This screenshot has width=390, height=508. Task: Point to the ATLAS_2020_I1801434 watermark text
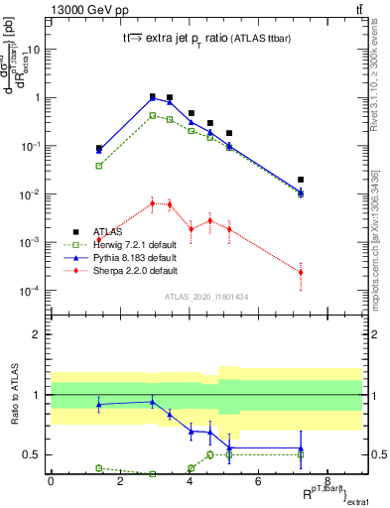pyautogui.click(x=205, y=297)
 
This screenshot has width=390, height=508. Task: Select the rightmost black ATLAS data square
pyautogui.click(x=300, y=180)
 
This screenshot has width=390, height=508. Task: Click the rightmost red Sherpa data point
pyautogui.click(x=300, y=272)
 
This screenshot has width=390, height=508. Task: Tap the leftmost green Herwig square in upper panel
pyautogui.click(x=99, y=166)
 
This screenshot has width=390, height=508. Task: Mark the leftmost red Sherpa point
pyautogui.click(x=99, y=240)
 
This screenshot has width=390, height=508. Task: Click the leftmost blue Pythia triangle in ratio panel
pyautogui.click(x=99, y=404)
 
